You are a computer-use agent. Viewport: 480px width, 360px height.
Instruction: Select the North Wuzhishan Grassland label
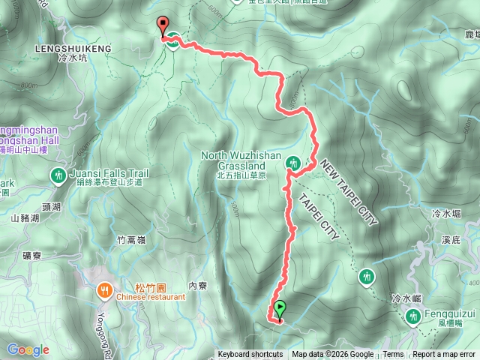click(241, 160)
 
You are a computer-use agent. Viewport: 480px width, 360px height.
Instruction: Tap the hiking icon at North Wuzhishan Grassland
click(295, 161)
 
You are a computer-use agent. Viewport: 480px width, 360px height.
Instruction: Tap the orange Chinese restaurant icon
click(106, 288)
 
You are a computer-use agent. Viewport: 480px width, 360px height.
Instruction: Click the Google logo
click(28, 349)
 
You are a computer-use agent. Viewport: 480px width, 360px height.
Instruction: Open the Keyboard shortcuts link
click(250, 355)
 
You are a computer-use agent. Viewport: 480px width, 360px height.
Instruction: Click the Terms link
click(393, 355)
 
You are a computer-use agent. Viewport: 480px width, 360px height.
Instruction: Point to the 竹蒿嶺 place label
click(132, 240)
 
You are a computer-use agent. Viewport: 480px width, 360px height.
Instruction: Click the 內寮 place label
click(198, 285)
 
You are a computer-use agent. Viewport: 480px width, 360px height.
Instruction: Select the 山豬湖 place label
click(25, 219)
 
